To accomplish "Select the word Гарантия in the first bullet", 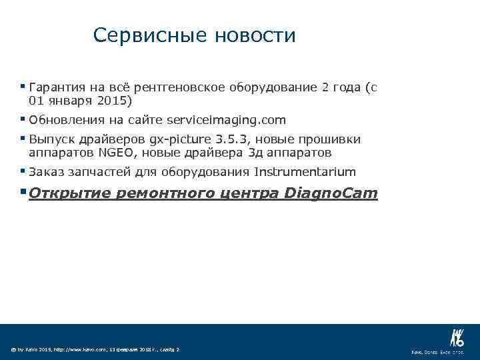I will (57, 87).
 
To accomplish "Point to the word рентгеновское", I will (180, 87).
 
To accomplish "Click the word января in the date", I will (69, 101).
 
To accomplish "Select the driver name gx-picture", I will (181, 139).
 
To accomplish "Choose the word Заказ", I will (45, 172).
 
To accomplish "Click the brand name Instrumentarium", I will (305, 172).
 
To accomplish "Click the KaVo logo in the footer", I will (457, 337).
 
